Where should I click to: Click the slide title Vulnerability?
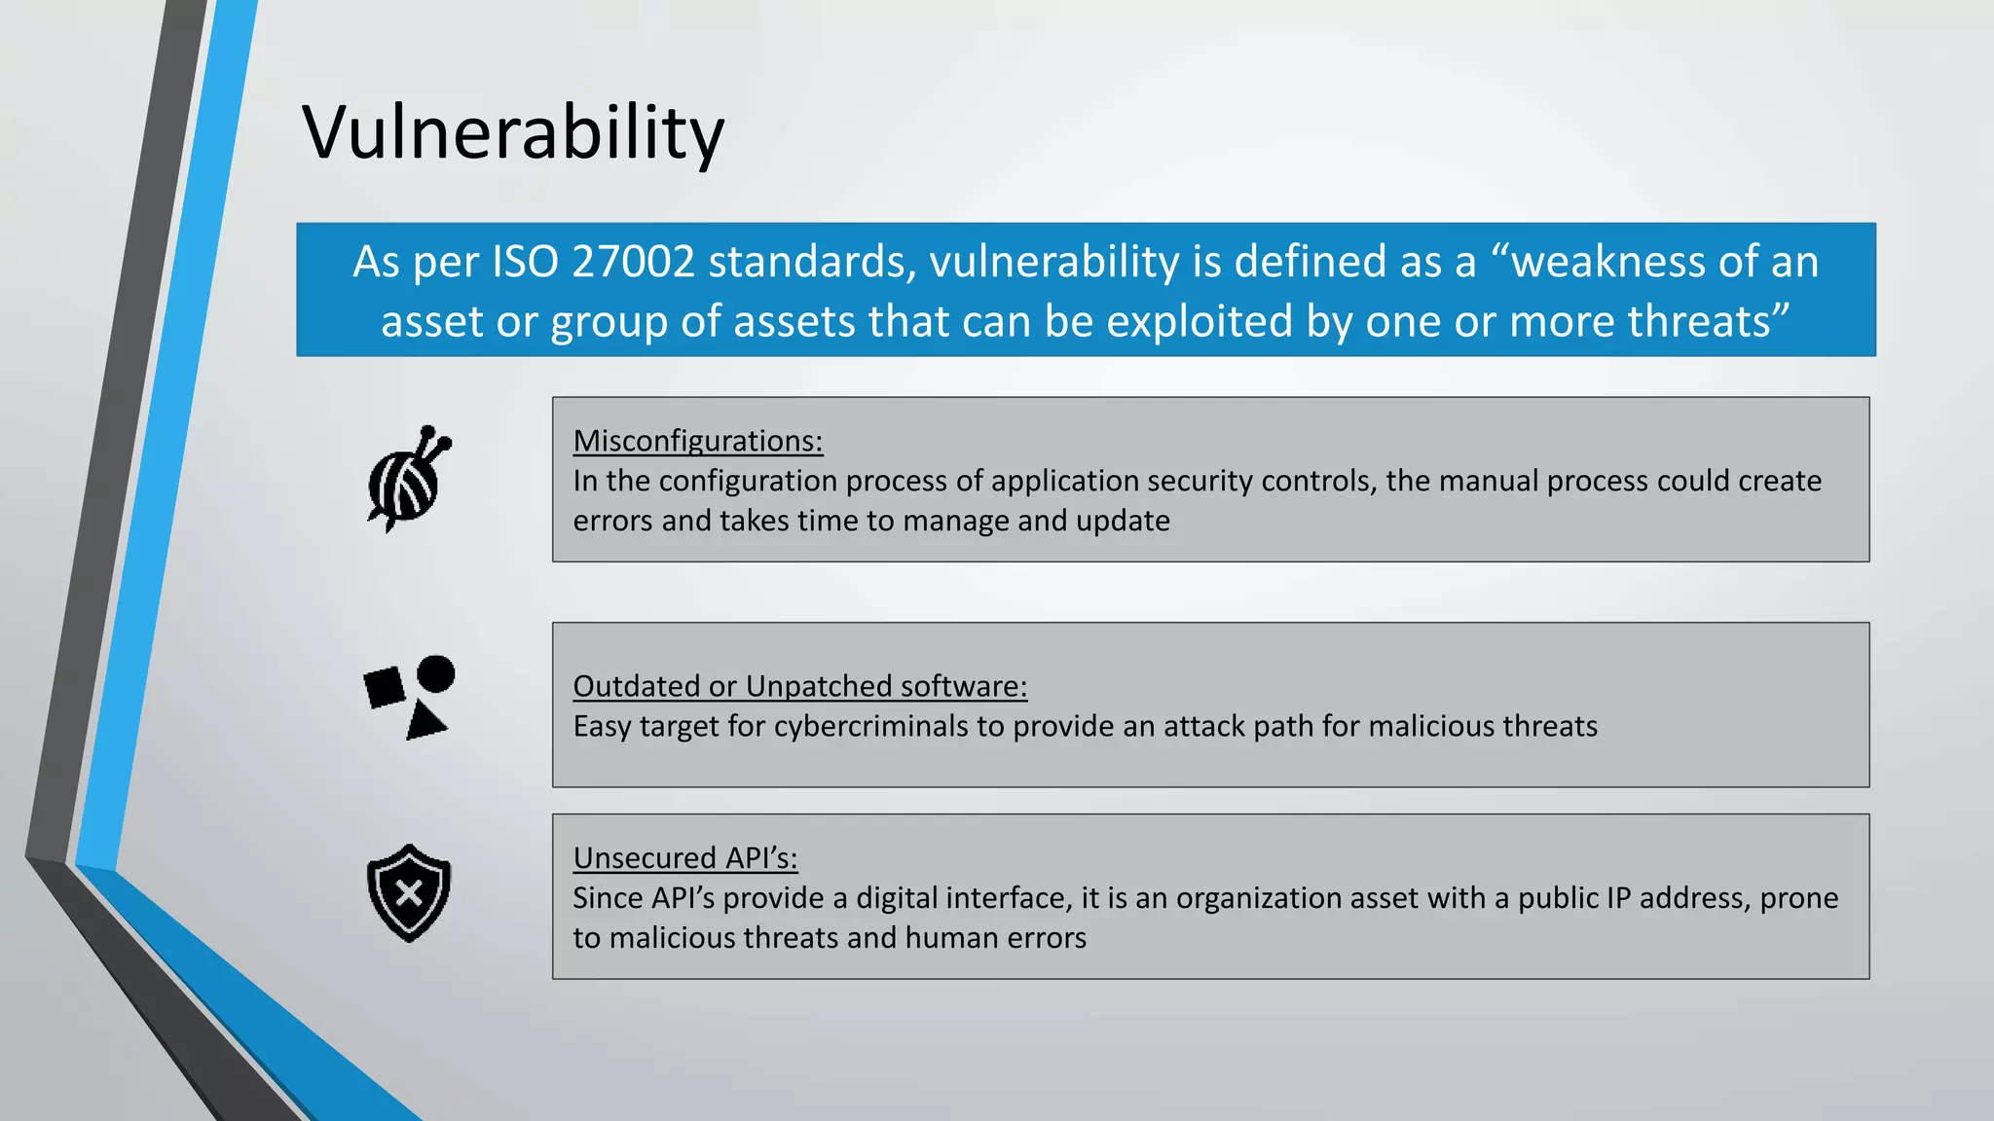pyautogui.click(x=513, y=133)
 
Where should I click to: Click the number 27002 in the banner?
pyautogui.click(x=633, y=262)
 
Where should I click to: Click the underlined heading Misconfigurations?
pyautogui.click(x=697, y=441)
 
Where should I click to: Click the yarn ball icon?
pyautogui.click(x=404, y=487)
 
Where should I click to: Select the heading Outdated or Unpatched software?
pyautogui.click(x=799, y=686)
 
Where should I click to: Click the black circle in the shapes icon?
pyautogui.click(x=435, y=673)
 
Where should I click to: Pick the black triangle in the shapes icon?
pyautogui.click(x=425, y=722)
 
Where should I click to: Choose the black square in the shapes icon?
pyautogui.click(x=384, y=687)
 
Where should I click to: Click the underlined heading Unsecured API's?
pyautogui.click(x=684, y=858)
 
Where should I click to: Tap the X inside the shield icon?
pyautogui.click(x=409, y=893)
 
